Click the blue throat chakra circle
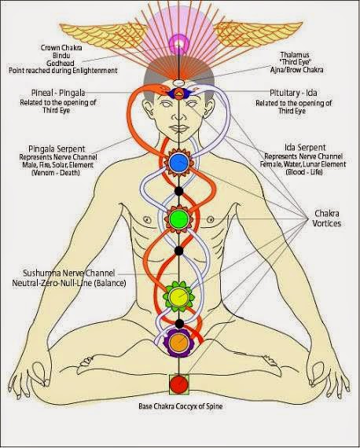tap(178, 163)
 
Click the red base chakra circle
tap(178, 386)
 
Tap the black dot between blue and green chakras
tap(178, 190)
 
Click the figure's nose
tap(178, 116)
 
